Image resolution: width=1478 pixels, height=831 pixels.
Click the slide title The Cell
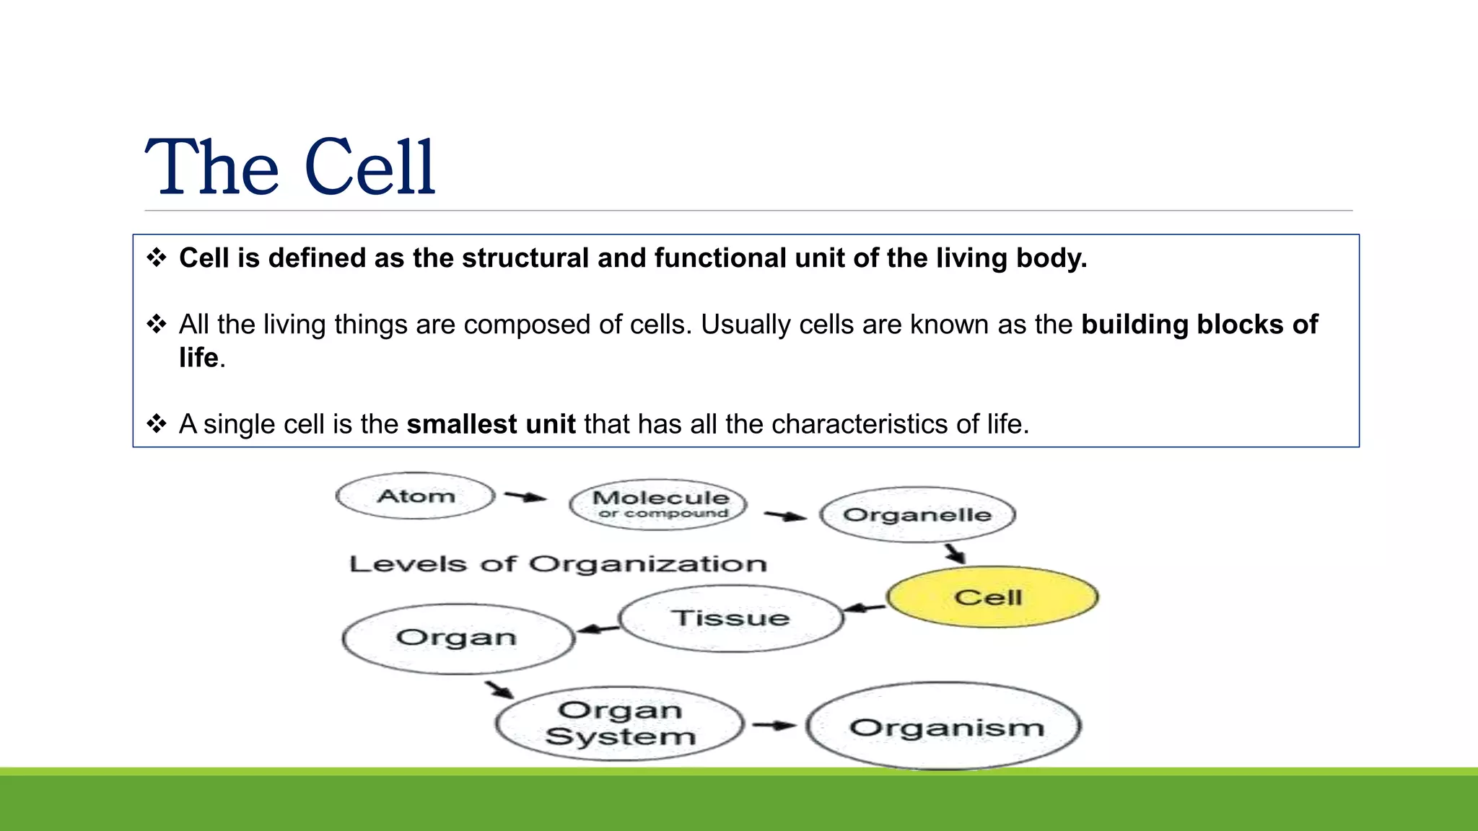click(x=290, y=167)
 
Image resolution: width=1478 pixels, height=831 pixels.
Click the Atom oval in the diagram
click(x=416, y=496)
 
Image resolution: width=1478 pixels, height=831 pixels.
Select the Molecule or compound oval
click(x=659, y=504)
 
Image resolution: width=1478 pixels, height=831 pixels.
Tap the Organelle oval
click(x=917, y=515)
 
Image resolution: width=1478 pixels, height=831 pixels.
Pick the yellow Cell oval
click(x=992, y=597)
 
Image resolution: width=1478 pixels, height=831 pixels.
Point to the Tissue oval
click(x=730, y=619)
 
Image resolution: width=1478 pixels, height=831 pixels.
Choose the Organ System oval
click(x=620, y=724)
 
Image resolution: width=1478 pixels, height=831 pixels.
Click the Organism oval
click(x=945, y=727)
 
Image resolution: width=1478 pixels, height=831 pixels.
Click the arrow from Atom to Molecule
click(x=525, y=496)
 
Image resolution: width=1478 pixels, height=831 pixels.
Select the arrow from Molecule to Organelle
click(x=785, y=516)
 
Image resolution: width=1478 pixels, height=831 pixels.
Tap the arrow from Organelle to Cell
click(x=956, y=554)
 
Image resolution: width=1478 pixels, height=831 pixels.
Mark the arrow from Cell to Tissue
click(x=864, y=608)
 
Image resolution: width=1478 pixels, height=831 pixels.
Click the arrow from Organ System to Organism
click(x=774, y=725)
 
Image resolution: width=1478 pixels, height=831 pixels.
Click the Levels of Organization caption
click(x=557, y=564)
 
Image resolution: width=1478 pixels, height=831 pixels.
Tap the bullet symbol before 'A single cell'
click(x=157, y=423)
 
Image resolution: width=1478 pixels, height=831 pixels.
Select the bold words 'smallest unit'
click(x=491, y=424)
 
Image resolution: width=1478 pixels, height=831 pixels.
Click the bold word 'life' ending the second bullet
click(x=198, y=358)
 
